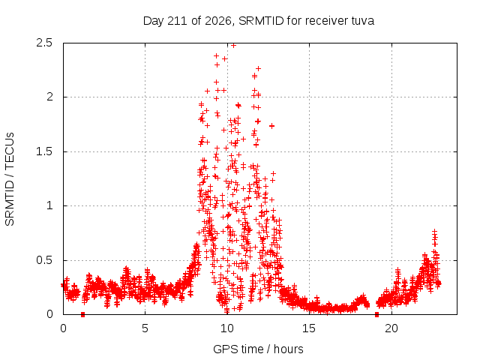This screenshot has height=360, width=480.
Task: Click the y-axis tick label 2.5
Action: coord(44,43)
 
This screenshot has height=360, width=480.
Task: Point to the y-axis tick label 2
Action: coord(49,97)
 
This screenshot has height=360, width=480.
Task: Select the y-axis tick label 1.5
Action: coord(44,151)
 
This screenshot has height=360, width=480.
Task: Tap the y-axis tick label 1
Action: coord(49,205)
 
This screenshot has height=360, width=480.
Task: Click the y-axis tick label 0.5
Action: coord(44,260)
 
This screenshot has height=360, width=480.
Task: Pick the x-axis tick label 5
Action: coord(145,328)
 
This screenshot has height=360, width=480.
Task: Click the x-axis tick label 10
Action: coord(227,328)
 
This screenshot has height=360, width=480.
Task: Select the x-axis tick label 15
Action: coord(309,328)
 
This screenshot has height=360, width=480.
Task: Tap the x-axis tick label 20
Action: coord(391,328)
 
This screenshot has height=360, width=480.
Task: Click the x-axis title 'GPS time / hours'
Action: coord(258,349)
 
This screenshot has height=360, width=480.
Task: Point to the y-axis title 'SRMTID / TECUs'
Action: coord(10,179)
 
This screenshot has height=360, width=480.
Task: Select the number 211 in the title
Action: coord(177,21)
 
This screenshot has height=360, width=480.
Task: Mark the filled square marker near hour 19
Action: coord(376,315)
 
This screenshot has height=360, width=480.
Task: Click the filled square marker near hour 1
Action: coord(82,315)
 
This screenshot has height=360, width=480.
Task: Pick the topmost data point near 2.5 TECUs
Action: coord(233,45)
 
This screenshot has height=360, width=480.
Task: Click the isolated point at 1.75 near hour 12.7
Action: coord(271,126)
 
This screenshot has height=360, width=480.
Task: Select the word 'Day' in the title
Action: coord(154,21)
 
